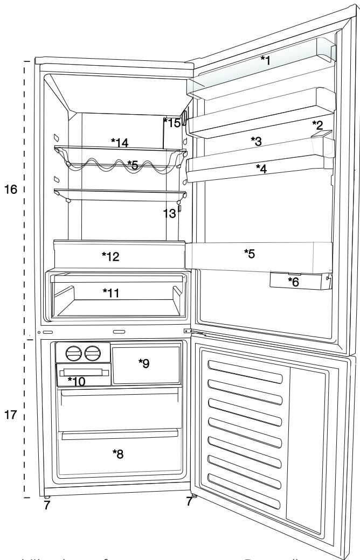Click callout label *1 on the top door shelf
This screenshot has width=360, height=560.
[x=264, y=60]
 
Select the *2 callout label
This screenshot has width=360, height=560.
[x=317, y=125]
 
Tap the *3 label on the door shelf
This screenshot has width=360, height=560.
[x=256, y=141]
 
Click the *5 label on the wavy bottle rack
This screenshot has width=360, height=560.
[x=133, y=163]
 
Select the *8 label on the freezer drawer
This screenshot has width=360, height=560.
[x=117, y=454]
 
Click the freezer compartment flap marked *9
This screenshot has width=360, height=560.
[x=144, y=364]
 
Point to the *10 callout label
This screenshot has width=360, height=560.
[x=76, y=381]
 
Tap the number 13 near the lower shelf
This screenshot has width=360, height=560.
[x=170, y=213]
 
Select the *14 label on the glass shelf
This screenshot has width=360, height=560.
[x=120, y=142]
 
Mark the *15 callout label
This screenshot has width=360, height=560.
[x=172, y=123]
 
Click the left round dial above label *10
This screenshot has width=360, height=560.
[x=73, y=353]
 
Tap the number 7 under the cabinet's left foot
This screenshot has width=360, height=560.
[x=47, y=505]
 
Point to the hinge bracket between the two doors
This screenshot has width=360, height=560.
[x=188, y=332]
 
